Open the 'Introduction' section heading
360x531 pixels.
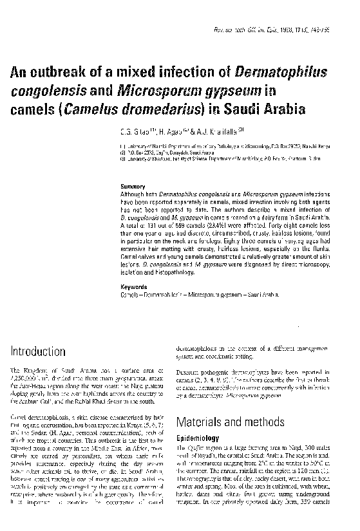pyautogui.click(x=38, y=351)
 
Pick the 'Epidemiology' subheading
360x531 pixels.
pyautogui.click(x=198, y=438)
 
